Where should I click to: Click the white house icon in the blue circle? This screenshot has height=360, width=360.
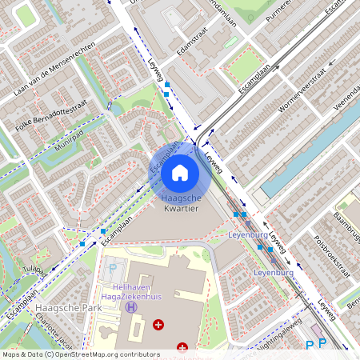(x=180, y=172)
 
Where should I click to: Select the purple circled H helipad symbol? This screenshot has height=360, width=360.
(x=131, y=307)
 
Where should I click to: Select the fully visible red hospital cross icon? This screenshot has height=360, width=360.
(x=158, y=324)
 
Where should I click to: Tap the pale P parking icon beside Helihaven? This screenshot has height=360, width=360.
(x=113, y=269)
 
